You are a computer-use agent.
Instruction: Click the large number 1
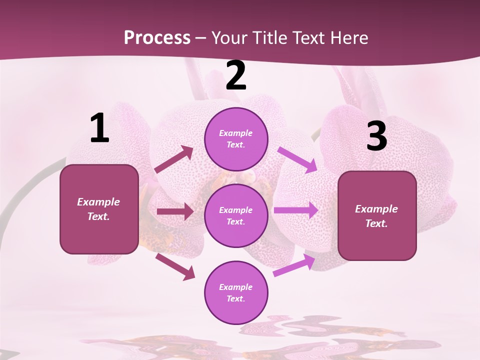coord(99,128)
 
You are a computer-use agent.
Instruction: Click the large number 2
coord(236,75)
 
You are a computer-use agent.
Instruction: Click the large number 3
coord(376,136)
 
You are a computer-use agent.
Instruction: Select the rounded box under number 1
coord(99,209)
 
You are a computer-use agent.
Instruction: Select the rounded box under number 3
coord(377,215)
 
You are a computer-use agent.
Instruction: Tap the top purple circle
coord(236,139)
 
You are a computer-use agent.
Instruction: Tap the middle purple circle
coord(236,215)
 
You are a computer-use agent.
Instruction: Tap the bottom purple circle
coord(236,292)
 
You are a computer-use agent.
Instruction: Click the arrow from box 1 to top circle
coord(174,159)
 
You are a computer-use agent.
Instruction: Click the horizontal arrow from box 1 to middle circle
coord(174,211)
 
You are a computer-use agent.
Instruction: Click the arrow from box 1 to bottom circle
coord(175,266)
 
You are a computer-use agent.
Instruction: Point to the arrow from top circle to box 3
coord(297,159)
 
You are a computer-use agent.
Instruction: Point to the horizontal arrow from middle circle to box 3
coord(295,210)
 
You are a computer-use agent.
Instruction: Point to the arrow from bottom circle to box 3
coord(294,265)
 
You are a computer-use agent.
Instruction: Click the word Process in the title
coord(157,37)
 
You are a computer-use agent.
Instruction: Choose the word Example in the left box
coord(98,202)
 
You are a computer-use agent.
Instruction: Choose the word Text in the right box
coord(376,223)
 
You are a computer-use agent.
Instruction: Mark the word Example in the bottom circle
coord(236,287)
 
